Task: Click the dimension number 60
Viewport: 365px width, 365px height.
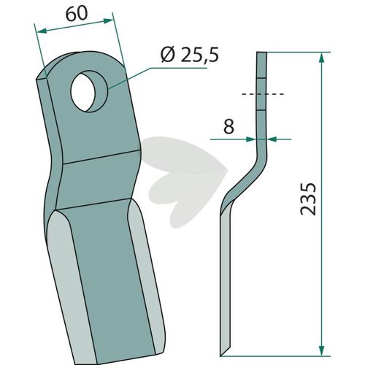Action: (76, 14)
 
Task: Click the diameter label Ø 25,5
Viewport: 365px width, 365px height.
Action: (190, 55)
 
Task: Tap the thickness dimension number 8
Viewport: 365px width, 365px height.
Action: (228, 126)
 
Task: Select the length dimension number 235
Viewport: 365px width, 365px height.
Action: (308, 199)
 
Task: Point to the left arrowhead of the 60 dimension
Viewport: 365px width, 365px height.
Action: (42, 31)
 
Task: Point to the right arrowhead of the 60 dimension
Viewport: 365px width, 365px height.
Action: (108, 21)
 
